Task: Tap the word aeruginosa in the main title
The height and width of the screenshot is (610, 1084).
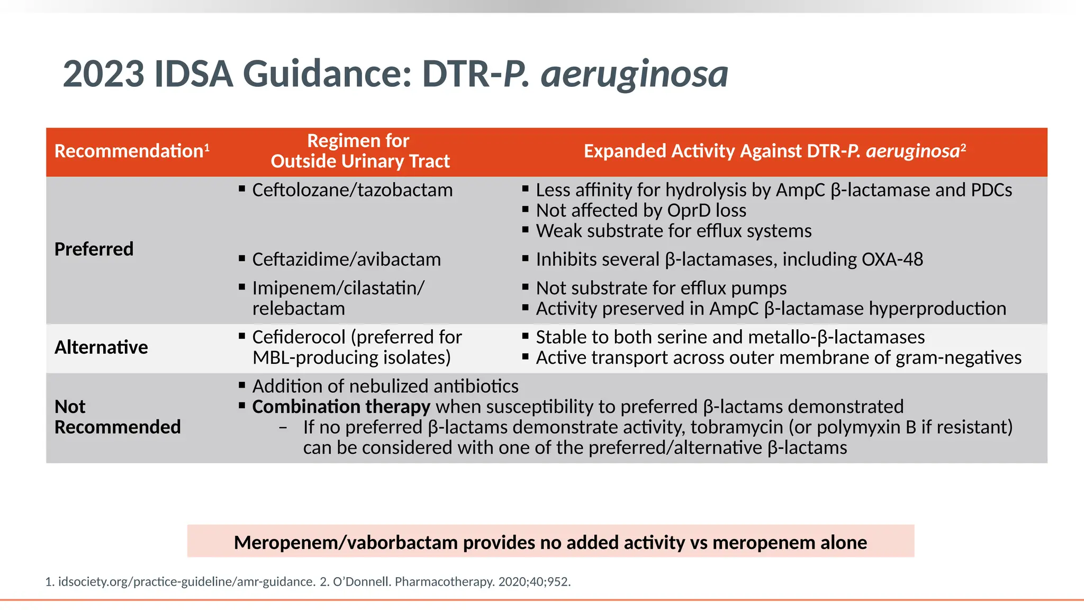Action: [x=634, y=74]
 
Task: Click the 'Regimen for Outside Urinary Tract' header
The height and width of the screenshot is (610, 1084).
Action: [x=360, y=151]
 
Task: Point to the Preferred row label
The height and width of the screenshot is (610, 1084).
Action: [x=94, y=249]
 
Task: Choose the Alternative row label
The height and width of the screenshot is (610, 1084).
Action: [x=101, y=347]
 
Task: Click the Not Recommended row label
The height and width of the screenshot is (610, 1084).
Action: [x=118, y=417]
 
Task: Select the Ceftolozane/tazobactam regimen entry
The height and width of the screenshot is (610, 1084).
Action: [x=352, y=190]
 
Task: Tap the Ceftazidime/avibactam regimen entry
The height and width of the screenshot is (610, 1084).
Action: [x=346, y=259]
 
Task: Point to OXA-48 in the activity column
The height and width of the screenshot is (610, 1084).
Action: [x=892, y=259]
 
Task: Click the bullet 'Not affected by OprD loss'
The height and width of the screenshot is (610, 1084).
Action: [x=640, y=211]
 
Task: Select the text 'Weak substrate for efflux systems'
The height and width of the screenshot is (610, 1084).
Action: [x=673, y=231]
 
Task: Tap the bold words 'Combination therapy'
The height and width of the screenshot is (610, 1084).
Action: [x=341, y=407]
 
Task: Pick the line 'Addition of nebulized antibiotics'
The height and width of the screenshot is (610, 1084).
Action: [x=385, y=387]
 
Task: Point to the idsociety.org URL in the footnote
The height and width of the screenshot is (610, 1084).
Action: [x=186, y=582]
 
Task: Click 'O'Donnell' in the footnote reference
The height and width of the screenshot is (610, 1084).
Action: [x=362, y=582]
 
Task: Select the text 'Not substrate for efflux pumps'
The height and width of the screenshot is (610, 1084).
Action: [x=661, y=288]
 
